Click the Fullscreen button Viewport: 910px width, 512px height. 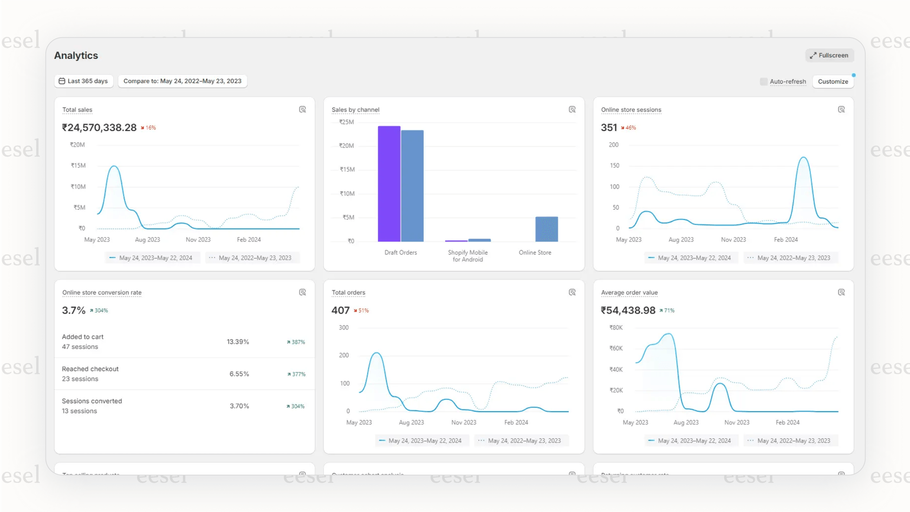[x=829, y=55]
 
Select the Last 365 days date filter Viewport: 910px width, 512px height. [x=83, y=81]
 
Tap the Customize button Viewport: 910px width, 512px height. [x=833, y=82]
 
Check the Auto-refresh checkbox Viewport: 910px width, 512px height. [x=764, y=82]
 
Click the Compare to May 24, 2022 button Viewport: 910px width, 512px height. [x=182, y=81]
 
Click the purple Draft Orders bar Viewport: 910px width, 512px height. [x=389, y=184]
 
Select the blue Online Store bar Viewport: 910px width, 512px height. [x=547, y=229]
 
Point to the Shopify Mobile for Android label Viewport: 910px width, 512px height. [x=467, y=256]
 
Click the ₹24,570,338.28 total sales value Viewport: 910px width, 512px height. [x=99, y=128]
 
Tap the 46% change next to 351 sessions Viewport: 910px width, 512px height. [x=629, y=128]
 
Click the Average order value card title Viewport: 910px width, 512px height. [x=629, y=293]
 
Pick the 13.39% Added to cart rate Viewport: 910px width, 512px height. [x=238, y=342]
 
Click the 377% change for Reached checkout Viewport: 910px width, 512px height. [x=296, y=374]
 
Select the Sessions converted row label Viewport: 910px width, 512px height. [x=92, y=401]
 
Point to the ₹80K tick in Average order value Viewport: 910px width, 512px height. [x=616, y=328]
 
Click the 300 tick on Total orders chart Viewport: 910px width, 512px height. [x=343, y=328]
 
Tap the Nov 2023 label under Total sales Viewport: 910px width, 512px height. [x=198, y=239]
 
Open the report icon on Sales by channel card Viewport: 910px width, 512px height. [x=572, y=109]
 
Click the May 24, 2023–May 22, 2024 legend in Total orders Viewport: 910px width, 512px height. [x=420, y=441]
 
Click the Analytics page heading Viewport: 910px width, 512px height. [x=76, y=56]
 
